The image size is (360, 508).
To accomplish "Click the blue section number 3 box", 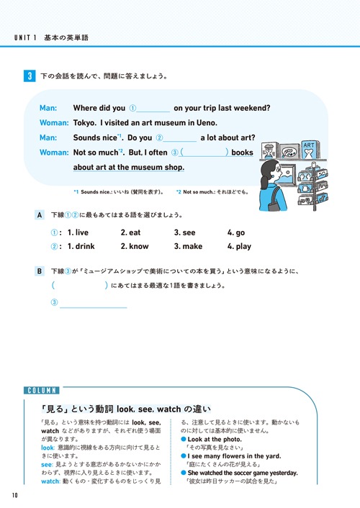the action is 28,76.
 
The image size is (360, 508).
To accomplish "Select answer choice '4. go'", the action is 236,232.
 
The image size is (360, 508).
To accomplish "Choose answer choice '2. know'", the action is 135,246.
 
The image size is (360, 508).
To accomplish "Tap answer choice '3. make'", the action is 189,246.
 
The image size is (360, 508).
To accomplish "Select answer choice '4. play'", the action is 239,246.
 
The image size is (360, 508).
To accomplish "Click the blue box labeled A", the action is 40,215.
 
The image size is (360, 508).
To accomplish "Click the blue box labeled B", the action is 40,271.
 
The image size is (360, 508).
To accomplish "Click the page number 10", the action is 14,496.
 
